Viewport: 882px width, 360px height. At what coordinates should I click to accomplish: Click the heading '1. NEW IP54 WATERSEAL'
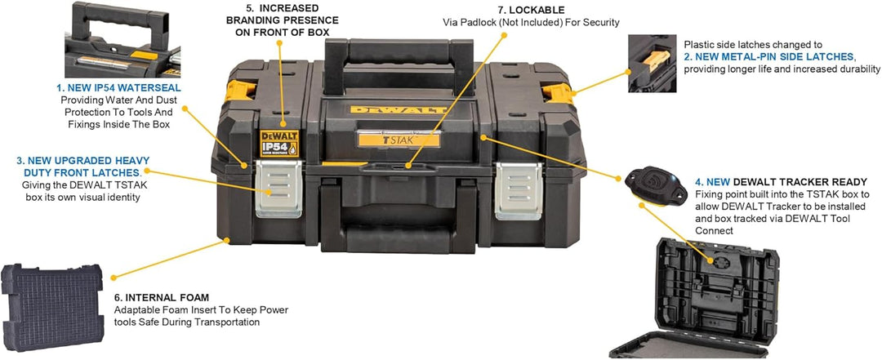click(x=118, y=88)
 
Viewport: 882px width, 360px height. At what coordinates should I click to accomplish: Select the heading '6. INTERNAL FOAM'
click(x=161, y=297)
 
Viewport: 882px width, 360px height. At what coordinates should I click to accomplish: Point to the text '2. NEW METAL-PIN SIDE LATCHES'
click(x=769, y=56)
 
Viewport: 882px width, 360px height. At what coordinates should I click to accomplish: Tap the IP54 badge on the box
click(x=279, y=144)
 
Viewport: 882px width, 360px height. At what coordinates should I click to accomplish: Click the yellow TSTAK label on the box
click(x=399, y=139)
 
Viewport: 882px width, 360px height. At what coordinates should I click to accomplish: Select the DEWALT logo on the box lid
click(x=399, y=109)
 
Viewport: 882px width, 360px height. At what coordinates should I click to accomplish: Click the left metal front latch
click(x=279, y=189)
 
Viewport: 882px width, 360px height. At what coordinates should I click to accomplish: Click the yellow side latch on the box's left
click(x=240, y=91)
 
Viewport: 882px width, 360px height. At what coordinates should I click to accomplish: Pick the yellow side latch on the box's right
click(x=558, y=93)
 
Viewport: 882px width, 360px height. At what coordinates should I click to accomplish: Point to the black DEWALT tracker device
click(x=656, y=185)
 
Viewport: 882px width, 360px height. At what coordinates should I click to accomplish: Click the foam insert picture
click(x=52, y=307)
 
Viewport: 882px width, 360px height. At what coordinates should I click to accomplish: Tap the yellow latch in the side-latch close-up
click(x=656, y=60)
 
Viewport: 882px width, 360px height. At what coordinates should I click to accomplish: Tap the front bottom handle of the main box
click(x=399, y=239)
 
